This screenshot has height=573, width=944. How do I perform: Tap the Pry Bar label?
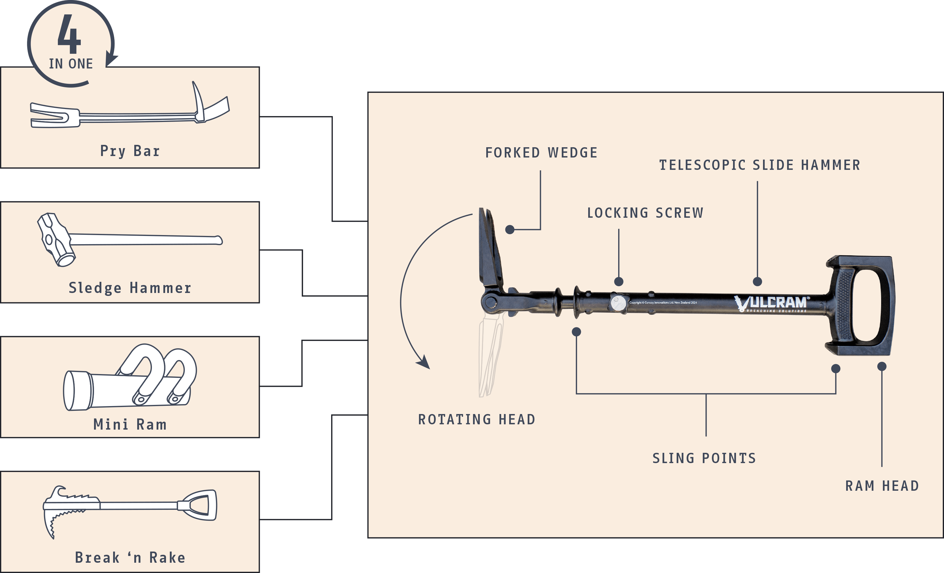click(x=130, y=151)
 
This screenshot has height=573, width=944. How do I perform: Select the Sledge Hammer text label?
click(x=130, y=288)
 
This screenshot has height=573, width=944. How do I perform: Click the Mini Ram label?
click(x=130, y=424)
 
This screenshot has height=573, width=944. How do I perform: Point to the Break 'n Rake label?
click(x=130, y=557)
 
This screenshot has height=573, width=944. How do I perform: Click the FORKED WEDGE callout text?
click(x=541, y=153)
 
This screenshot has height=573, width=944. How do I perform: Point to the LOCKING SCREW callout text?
click(x=645, y=213)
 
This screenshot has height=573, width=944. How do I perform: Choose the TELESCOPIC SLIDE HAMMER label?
click(x=759, y=165)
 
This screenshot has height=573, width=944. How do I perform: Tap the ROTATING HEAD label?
click(x=477, y=419)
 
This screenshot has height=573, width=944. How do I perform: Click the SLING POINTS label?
click(x=704, y=458)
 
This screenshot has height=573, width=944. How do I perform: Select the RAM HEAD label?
click(x=882, y=486)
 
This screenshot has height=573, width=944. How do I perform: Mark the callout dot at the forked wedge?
click(x=509, y=229)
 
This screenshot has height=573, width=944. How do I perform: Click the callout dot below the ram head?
click(x=881, y=366)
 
